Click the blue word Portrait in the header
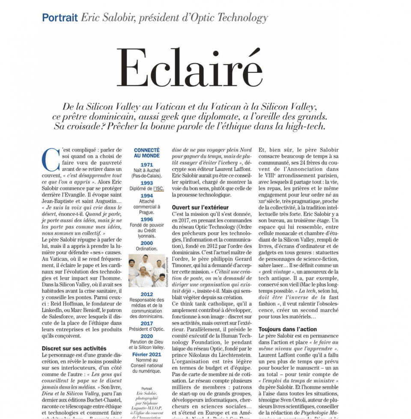point(60,18)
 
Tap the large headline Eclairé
point(189,68)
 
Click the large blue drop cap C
point(50,160)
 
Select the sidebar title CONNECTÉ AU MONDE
point(147,153)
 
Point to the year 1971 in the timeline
point(146,164)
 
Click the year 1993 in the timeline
point(146,183)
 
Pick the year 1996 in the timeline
point(146,220)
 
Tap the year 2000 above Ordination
point(146,243)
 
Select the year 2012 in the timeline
point(146,294)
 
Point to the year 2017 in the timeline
point(146,324)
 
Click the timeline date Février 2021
point(147,355)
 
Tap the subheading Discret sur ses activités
point(74,348)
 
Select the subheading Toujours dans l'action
point(288,329)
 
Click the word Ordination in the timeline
point(147,249)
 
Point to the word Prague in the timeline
point(147,212)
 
